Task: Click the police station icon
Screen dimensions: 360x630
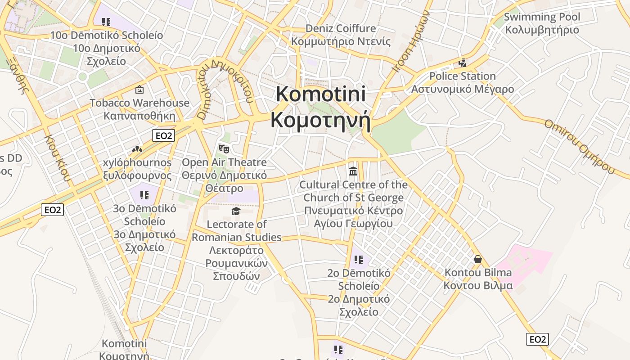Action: tap(462, 63)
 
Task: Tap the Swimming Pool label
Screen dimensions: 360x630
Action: tap(542, 17)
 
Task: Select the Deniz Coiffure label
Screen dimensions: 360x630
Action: tap(341, 28)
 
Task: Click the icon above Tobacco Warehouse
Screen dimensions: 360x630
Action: tap(139, 90)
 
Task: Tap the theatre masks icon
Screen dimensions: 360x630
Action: tap(224, 148)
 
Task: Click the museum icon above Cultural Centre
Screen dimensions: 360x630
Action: tap(353, 171)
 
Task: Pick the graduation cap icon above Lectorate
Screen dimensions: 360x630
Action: tap(236, 211)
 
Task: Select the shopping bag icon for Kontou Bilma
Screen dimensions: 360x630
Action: tap(478, 259)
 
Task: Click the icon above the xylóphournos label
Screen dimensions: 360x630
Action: tap(137, 149)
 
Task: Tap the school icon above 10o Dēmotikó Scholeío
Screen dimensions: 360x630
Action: tap(106, 22)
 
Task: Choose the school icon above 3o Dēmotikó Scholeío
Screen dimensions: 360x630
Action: tap(144, 195)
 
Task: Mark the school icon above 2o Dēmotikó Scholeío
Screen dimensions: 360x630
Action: tap(358, 260)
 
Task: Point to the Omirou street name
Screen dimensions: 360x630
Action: tap(579, 146)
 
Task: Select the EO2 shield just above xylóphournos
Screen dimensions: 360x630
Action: tap(163, 135)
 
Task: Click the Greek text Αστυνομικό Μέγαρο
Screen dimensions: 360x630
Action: tap(462, 89)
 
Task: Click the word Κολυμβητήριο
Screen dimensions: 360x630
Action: tap(542, 30)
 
